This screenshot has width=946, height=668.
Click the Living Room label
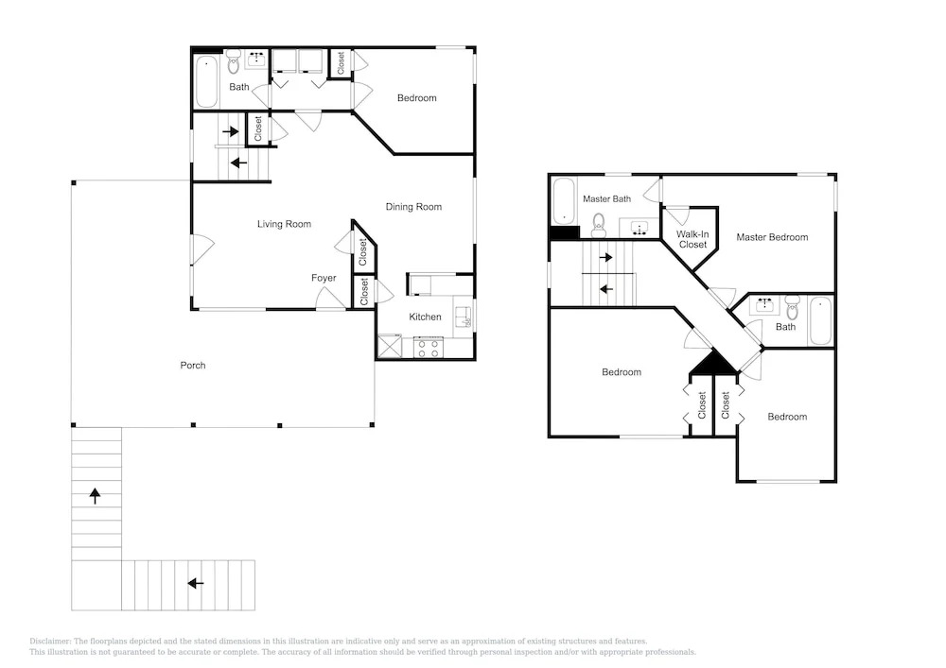284,224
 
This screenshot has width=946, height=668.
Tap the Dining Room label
413,207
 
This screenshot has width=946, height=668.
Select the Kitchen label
425,317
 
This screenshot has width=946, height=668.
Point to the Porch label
192,365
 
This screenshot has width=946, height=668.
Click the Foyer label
324,278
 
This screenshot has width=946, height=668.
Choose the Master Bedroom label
772,237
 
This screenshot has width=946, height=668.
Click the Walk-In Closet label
692,239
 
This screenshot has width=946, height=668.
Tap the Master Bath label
607,198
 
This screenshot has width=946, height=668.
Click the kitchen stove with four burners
429,348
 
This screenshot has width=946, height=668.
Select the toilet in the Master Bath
599,225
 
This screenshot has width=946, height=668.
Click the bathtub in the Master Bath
564,200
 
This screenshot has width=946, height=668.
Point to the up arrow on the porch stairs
95,496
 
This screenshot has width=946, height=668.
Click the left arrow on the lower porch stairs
195,583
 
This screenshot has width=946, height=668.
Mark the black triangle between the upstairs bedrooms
713,362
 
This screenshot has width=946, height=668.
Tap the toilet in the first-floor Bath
234,60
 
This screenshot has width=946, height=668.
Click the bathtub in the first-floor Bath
206,81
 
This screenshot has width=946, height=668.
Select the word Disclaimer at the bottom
51,642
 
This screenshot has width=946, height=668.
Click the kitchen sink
464,317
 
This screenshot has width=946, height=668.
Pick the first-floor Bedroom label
416,98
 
